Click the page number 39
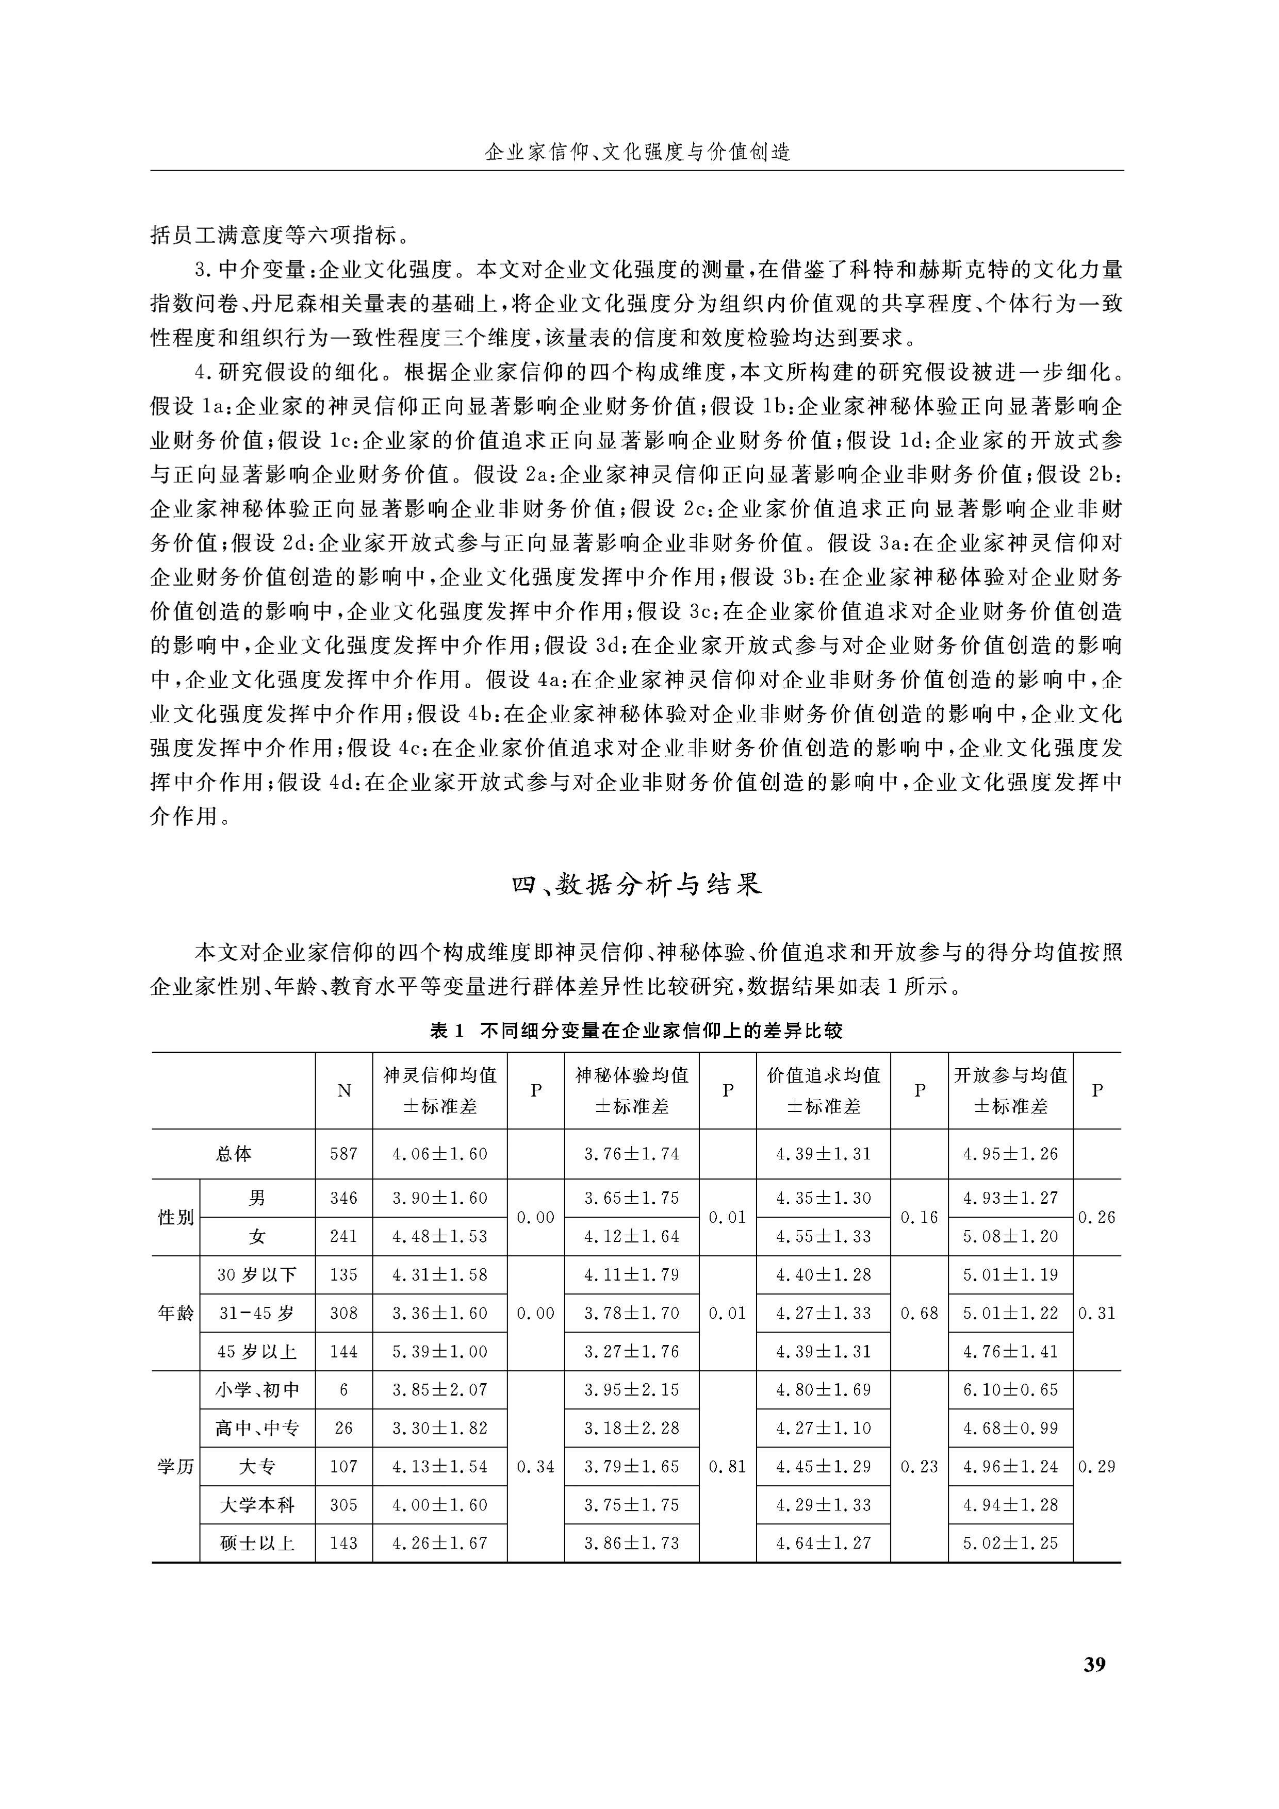pyautogui.click(x=1094, y=1664)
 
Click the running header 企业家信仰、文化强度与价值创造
pyautogui.click(x=637, y=151)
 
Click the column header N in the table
pyautogui.click(x=343, y=1090)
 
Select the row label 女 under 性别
pyautogui.click(x=257, y=1236)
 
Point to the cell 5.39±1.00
pyautogui.click(x=440, y=1351)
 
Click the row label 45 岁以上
pyautogui.click(x=257, y=1351)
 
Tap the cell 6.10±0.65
pyautogui.click(x=1010, y=1390)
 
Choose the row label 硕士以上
pyautogui.click(x=257, y=1542)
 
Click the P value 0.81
pyautogui.click(x=727, y=1466)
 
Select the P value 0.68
pyautogui.click(x=919, y=1313)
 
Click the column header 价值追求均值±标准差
pyautogui.click(x=824, y=1090)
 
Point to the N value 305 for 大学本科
pyautogui.click(x=343, y=1504)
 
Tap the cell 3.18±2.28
pyautogui.click(x=631, y=1428)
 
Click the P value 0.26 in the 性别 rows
pyautogui.click(x=1096, y=1217)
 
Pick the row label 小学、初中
pyautogui.click(x=257, y=1390)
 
